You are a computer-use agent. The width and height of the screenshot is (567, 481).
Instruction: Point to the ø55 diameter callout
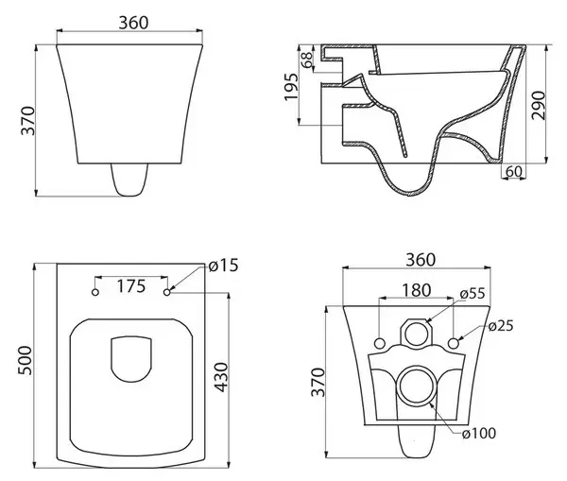coord(472,293)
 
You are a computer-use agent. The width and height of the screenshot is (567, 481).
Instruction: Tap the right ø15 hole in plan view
coord(167,293)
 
